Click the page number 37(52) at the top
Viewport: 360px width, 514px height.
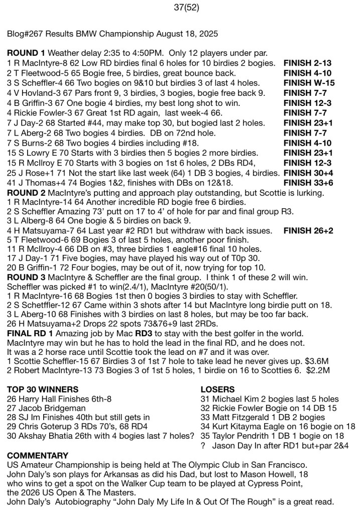point(180,7)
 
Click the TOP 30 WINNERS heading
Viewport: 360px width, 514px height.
point(43,390)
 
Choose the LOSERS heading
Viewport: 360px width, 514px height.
point(216,390)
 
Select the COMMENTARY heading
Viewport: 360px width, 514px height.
point(38,456)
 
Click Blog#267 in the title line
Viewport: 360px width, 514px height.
point(25,34)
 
